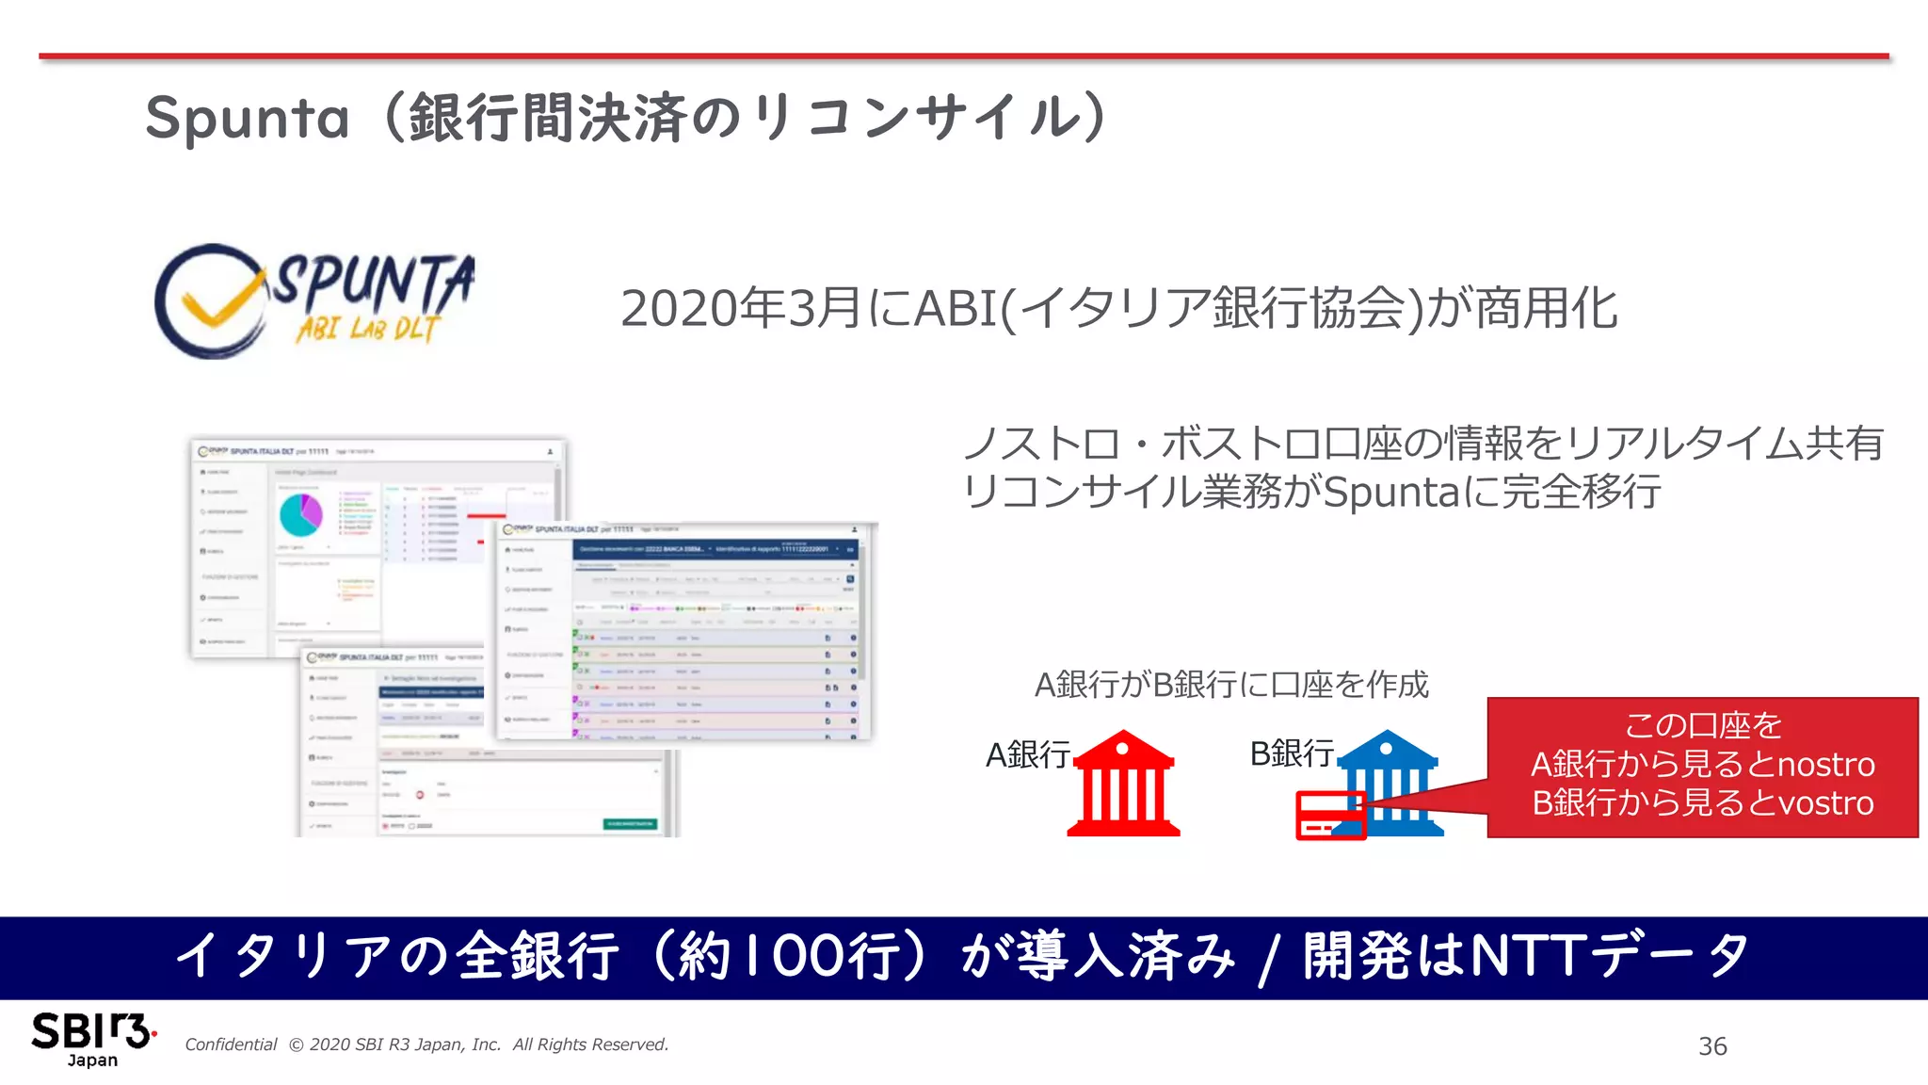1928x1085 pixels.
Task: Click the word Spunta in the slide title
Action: tap(248, 119)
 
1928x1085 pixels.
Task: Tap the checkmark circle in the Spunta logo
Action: tap(208, 301)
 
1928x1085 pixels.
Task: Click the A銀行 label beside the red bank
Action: tap(1027, 754)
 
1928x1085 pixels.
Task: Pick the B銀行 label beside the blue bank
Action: tap(1292, 753)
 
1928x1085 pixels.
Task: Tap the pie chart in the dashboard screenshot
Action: tap(301, 514)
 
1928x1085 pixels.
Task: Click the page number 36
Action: tap(1712, 1045)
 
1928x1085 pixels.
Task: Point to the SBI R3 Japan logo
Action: tap(92, 1039)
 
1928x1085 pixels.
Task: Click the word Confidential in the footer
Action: tap(231, 1045)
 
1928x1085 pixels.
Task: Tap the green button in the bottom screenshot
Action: tap(630, 824)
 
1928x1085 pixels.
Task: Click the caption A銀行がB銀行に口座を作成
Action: tap(1231, 685)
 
